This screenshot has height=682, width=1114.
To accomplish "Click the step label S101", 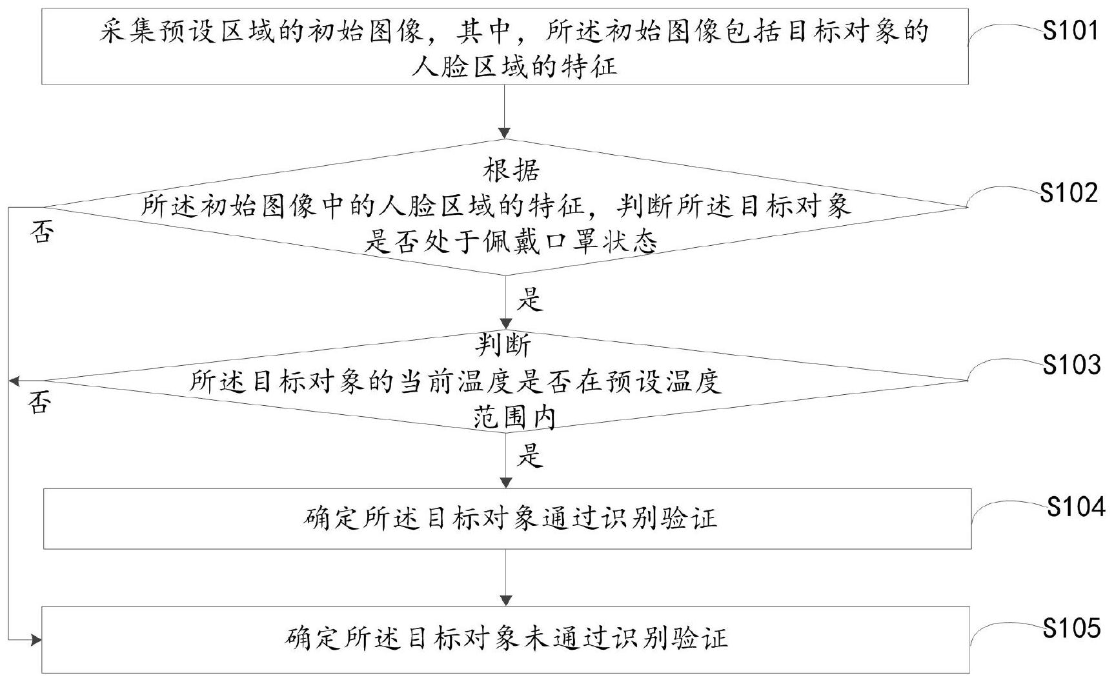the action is (1070, 30).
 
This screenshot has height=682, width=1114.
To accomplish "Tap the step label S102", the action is (1069, 192).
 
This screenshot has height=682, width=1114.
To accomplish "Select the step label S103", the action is (1072, 365).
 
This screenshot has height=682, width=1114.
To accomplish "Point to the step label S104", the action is (1076, 507).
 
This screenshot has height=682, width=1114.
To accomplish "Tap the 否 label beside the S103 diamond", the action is (39, 403).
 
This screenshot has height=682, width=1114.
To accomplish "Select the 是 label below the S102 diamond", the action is (531, 300).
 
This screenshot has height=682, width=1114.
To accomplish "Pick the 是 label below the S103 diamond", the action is (530, 456).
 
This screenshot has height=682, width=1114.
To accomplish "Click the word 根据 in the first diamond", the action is (512, 170).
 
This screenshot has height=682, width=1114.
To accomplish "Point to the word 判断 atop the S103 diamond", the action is (503, 345).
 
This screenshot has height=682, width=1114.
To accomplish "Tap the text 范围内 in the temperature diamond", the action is (514, 418).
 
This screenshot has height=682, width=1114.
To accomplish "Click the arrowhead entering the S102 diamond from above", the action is (505, 134).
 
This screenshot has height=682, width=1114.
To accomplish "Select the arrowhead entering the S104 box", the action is (506, 483).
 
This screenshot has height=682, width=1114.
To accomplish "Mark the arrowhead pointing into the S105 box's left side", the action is (36, 641).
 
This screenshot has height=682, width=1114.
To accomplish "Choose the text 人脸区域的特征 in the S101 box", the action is (514, 66).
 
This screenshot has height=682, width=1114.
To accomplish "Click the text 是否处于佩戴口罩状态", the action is (511, 242).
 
